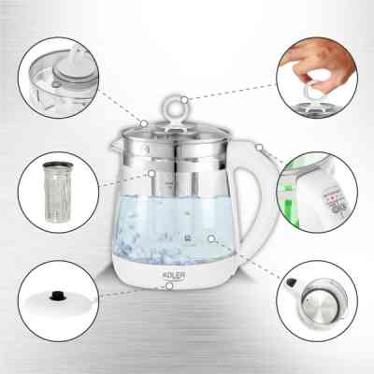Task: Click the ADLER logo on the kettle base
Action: [x=174, y=275]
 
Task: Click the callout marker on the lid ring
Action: [x=184, y=100]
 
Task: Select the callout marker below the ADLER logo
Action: [x=169, y=286]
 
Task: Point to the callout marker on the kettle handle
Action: [x=259, y=148]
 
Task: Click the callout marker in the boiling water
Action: [x=211, y=239]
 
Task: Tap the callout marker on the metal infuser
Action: [x=151, y=173]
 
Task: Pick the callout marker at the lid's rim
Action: [x=144, y=123]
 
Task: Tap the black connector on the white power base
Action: [x=56, y=295]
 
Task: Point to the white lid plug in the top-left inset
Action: [x=71, y=67]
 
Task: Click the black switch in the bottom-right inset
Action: [x=291, y=282]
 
